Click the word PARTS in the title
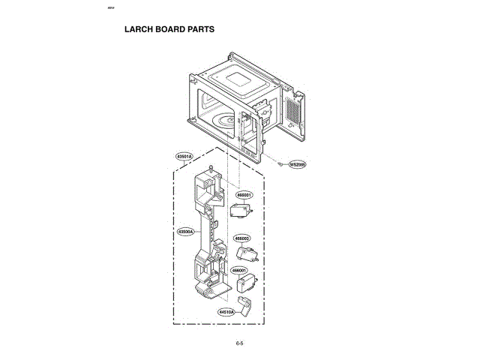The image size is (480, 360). tap(199, 30)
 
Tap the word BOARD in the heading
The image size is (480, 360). tap(169, 30)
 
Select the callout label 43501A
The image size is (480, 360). tap(184, 156)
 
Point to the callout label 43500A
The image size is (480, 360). tap(185, 232)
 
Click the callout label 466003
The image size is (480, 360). tap(242, 238)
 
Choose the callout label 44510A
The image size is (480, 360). tap(227, 311)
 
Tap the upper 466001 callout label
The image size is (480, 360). tap(244, 194)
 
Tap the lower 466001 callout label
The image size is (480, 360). tap(240, 270)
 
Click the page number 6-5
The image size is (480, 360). tap(240, 343)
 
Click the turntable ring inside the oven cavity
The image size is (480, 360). tap(226, 122)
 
